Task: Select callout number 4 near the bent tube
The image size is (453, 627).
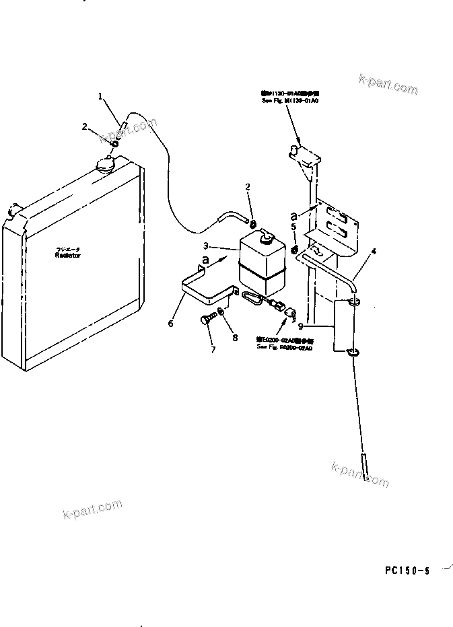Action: pyautogui.click(x=374, y=252)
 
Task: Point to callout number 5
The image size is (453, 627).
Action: pyautogui.click(x=295, y=227)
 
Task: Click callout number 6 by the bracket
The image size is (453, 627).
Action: pyautogui.click(x=171, y=324)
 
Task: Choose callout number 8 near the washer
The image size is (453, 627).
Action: pyautogui.click(x=235, y=338)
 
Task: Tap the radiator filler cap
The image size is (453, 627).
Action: pyautogui.click(x=106, y=163)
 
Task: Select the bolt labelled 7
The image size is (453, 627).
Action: pyautogui.click(x=207, y=320)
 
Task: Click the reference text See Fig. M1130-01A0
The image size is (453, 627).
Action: pyautogui.click(x=290, y=100)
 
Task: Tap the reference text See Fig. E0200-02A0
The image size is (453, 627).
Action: pyautogui.click(x=284, y=347)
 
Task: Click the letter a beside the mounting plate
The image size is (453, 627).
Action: pyautogui.click(x=295, y=215)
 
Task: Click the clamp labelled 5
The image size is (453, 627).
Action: pyautogui.click(x=295, y=251)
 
